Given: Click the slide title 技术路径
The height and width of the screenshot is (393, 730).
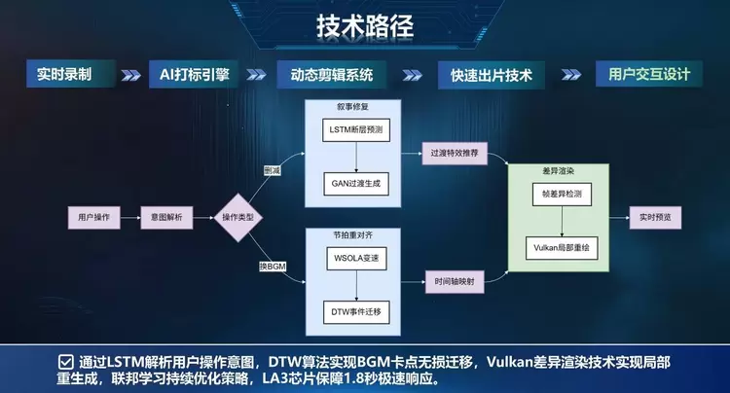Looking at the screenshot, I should [x=365, y=26].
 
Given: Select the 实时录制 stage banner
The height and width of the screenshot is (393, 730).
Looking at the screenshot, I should [x=65, y=74].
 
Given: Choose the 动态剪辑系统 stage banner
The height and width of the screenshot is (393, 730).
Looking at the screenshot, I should [x=332, y=74].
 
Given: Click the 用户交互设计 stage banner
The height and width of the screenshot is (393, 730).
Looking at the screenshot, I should [x=648, y=74].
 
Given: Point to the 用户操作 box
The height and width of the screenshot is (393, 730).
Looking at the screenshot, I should [x=93, y=215].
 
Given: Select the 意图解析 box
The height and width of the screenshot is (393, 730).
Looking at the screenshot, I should [x=167, y=215].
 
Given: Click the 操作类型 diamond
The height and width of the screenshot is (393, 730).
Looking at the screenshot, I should [x=239, y=215].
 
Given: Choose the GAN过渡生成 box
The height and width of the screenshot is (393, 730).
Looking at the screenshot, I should [x=355, y=181].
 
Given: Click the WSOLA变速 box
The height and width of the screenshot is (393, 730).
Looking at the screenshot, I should [x=355, y=260].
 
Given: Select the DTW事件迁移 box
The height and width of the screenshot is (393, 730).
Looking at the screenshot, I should [x=355, y=311].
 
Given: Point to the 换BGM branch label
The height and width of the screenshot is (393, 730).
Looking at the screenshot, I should [x=273, y=266].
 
